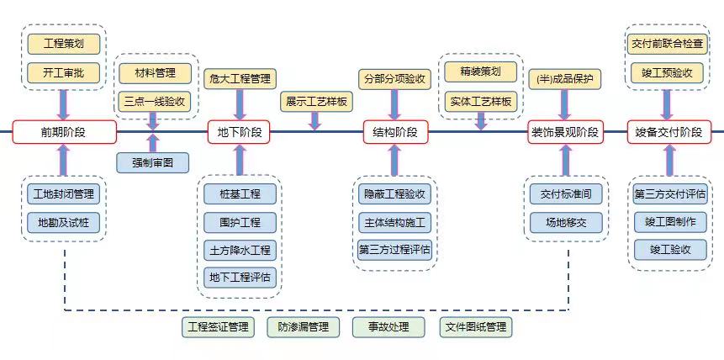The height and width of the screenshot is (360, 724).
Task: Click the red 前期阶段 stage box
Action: click(x=63, y=131)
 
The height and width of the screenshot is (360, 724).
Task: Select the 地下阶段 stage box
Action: click(x=240, y=131)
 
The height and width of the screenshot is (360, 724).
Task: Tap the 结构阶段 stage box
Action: click(x=395, y=131)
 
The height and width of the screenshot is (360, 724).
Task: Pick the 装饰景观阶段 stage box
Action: click(x=565, y=131)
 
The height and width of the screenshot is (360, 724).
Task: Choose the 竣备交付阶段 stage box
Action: click(x=669, y=131)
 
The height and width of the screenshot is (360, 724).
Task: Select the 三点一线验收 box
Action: click(x=153, y=101)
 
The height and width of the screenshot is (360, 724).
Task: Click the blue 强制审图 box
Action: click(x=153, y=162)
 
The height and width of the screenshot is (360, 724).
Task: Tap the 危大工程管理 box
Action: click(x=240, y=79)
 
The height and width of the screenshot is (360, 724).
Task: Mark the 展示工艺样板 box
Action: click(x=316, y=101)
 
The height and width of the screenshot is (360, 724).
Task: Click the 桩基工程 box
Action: click(x=240, y=193)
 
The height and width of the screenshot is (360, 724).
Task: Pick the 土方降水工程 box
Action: click(x=240, y=250)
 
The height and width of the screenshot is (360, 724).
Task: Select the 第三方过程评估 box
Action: click(x=395, y=250)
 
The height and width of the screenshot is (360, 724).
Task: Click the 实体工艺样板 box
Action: click(x=480, y=101)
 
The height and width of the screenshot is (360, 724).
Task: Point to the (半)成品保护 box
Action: click(x=565, y=79)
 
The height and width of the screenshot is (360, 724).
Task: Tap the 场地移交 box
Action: click(x=565, y=222)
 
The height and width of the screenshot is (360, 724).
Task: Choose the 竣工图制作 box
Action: click(x=669, y=222)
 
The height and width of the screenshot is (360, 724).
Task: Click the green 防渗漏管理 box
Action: click(x=304, y=326)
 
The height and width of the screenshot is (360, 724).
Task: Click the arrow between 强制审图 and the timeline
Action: click(x=153, y=142)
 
